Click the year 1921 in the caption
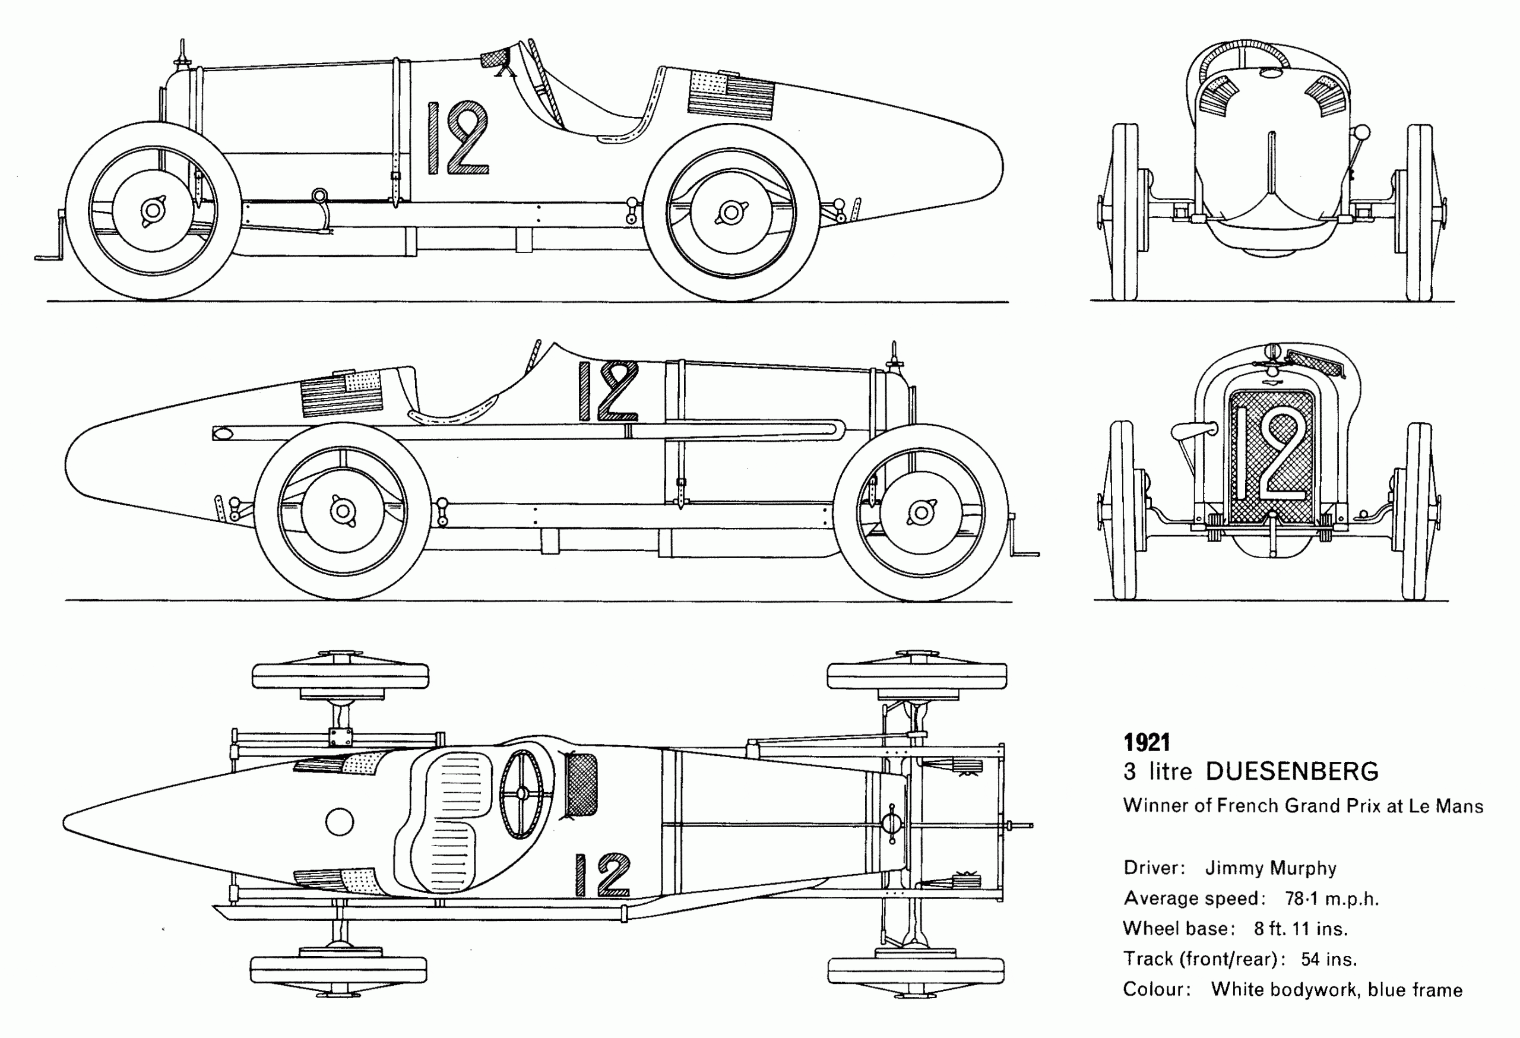pos(1147,742)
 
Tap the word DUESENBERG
pos(1292,772)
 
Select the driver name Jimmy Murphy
pos(1270,868)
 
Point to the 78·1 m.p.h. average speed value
pos(1332,898)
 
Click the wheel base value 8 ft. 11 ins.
pos(1300,929)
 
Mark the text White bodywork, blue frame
pos(1336,989)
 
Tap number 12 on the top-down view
pos(603,875)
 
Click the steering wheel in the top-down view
pos(521,793)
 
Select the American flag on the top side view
pos(730,95)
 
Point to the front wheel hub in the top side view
pos(153,211)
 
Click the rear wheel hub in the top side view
pos(731,213)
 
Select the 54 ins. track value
pos(1328,960)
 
